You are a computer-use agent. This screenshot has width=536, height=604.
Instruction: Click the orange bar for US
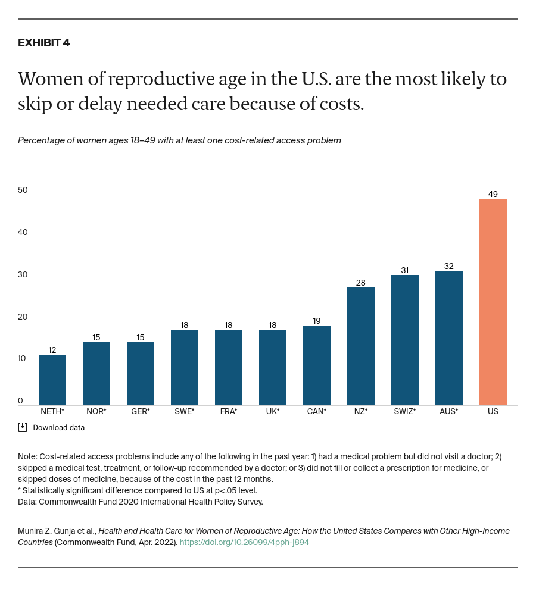click(x=493, y=302)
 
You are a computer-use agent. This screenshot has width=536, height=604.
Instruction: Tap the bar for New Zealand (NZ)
click(x=361, y=346)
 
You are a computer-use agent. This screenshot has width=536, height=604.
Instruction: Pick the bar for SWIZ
click(x=405, y=340)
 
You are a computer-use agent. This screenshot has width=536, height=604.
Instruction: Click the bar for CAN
click(x=317, y=365)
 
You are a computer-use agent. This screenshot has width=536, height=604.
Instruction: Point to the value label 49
click(x=493, y=194)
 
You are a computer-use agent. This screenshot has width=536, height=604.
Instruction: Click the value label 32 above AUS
click(x=449, y=266)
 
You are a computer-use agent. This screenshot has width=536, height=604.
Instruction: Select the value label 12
click(x=52, y=350)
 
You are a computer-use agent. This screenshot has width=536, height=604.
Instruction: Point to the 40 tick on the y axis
click(x=23, y=232)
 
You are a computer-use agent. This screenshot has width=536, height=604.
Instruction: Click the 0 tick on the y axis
click(x=20, y=400)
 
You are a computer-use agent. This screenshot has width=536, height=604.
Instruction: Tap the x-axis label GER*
click(x=141, y=411)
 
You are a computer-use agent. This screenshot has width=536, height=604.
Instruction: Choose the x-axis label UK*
click(x=273, y=411)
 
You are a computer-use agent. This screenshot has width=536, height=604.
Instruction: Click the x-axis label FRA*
click(x=229, y=411)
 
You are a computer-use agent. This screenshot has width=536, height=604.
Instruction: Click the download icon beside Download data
click(x=23, y=427)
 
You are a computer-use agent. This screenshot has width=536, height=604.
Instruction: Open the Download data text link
click(x=58, y=427)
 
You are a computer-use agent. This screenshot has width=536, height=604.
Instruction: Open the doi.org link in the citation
click(x=244, y=542)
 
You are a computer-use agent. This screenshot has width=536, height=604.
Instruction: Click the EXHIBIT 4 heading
click(x=44, y=43)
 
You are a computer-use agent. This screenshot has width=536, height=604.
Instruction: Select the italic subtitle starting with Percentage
click(x=179, y=140)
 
